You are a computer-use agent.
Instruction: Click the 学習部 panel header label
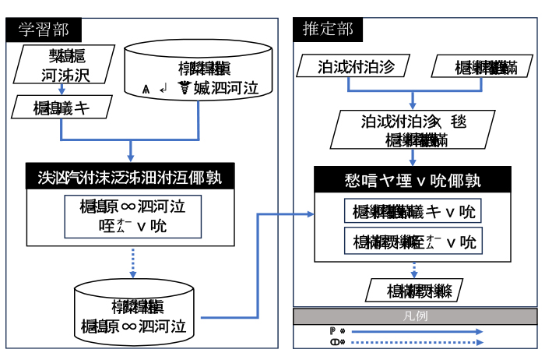(x=44, y=30)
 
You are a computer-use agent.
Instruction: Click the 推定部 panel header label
(x=328, y=30)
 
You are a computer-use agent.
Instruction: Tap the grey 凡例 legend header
(x=414, y=316)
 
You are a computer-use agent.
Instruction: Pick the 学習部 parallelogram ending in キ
(x=62, y=108)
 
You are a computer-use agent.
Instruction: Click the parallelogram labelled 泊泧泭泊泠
(x=356, y=67)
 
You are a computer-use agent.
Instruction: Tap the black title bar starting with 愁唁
(x=413, y=180)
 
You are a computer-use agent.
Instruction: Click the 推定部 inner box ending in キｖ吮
(x=413, y=211)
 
